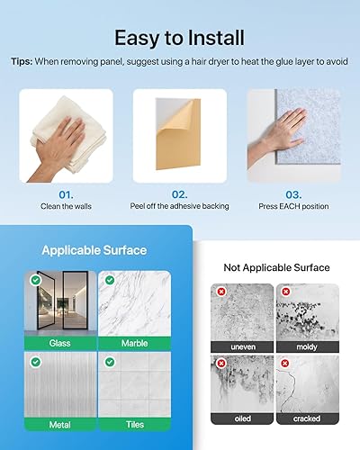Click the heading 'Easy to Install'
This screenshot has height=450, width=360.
click(x=180, y=38)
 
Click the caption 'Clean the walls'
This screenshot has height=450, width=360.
click(x=67, y=206)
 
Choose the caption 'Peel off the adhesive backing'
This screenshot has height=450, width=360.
click(x=180, y=206)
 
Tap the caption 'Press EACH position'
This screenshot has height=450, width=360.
click(x=292, y=206)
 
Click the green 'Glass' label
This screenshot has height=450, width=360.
click(x=59, y=343)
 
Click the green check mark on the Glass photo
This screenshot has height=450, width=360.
click(x=34, y=281)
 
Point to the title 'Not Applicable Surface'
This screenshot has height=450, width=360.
click(x=276, y=267)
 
